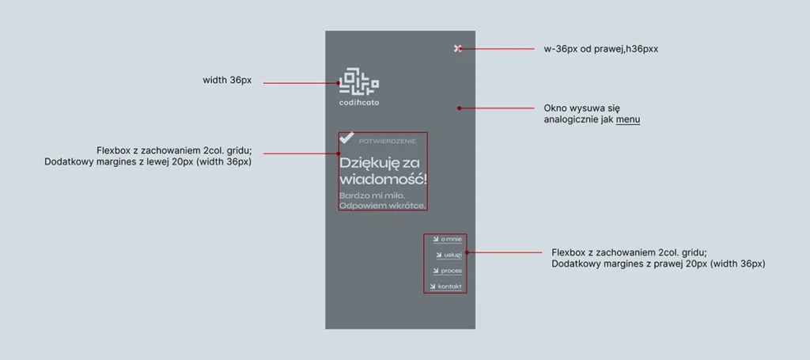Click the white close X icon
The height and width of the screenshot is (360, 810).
tap(457, 48)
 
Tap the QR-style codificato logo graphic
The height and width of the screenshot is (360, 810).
tap(359, 81)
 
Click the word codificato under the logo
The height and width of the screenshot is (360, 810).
tap(359, 103)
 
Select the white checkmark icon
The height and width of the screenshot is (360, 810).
tap(346, 138)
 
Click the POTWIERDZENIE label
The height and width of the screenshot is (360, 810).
tap(387, 141)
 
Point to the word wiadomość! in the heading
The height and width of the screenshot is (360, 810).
tap(384, 180)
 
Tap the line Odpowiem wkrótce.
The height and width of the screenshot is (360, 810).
tap(382, 206)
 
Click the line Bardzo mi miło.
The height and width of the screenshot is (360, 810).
tap(372, 195)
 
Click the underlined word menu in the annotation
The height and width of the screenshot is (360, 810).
tap(627, 119)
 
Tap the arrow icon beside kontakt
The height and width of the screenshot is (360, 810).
tap(433, 286)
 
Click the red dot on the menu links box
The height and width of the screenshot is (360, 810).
tap(467, 252)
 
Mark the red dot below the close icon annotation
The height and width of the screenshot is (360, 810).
tap(459, 108)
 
